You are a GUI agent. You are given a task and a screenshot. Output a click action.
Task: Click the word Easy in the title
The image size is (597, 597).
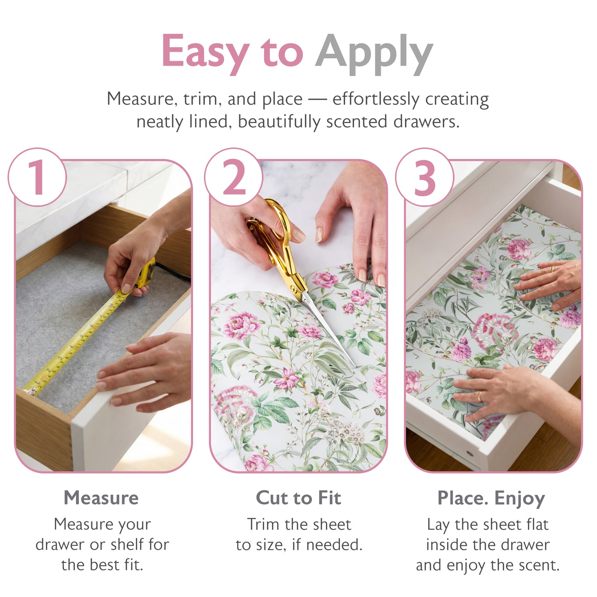pyautogui.click(x=205, y=52)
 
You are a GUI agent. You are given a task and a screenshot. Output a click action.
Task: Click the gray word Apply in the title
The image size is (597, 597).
pyautogui.click(x=373, y=54)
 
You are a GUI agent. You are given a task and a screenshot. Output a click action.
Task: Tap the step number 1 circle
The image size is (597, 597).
pyautogui.click(x=37, y=177)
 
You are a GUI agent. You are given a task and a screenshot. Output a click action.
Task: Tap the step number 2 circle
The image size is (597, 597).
pyautogui.click(x=234, y=177)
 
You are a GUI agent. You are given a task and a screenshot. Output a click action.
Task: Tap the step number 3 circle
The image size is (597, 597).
pyautogui.click(x=425, y=177)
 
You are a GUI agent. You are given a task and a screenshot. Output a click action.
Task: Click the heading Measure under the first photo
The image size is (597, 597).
pyautogui.click(x=101, y=498)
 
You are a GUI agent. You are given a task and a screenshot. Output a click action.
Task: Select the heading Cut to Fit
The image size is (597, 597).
pyautogui.click(x=298, y=498)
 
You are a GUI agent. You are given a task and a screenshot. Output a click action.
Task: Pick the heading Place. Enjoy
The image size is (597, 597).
pyautogui.click(x=491, y=498)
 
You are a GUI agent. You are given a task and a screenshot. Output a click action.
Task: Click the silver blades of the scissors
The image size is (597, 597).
pyautogui.click(x=326, y=326)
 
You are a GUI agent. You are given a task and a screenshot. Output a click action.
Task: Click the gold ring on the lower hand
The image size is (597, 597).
pyautogui.click(x=479, y=397)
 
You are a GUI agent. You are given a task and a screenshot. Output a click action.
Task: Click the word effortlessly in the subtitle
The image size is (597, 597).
pyautogui.click(x=376, y=99)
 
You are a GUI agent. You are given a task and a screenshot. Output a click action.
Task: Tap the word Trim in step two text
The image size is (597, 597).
pyautogui.click(x=263, y=524)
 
